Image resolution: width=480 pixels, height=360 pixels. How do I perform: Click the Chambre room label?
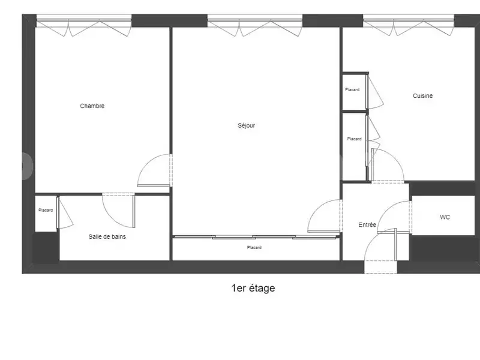[92, 106]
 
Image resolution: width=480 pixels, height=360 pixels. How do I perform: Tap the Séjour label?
[246, 125]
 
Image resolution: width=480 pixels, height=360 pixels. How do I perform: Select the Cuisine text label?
[422, 96]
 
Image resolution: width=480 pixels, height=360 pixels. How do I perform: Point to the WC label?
[445, 217]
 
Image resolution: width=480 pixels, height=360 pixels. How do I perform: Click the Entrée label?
[367, 225]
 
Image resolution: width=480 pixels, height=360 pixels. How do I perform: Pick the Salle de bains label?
[107, 236]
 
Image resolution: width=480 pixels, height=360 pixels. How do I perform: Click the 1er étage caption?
[253, 288]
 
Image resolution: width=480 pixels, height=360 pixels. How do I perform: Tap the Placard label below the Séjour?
[254, 247]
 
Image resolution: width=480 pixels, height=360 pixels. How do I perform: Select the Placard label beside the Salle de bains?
[46, 210]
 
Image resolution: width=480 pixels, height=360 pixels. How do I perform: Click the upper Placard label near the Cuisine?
[352, 90]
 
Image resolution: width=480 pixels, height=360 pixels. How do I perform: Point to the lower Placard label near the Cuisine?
[354, 139]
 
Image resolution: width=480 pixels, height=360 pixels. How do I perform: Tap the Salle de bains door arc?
[117, 210]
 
